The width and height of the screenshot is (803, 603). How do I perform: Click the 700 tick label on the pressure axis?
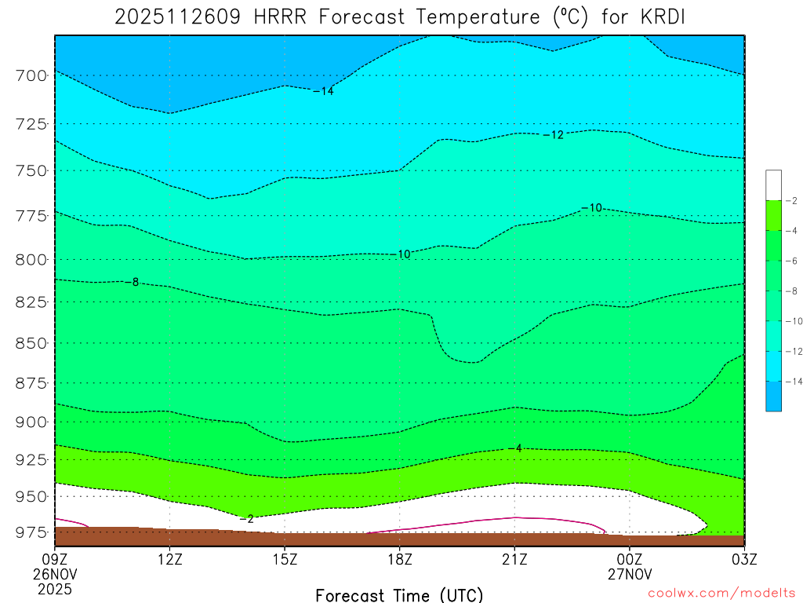pos(31,76)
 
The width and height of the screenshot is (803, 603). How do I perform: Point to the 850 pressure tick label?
pos(31,344)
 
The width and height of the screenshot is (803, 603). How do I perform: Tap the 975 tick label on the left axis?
pos(31,533)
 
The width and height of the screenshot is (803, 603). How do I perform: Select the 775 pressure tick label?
pos(31,216)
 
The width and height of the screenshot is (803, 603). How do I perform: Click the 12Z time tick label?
pos(170,559)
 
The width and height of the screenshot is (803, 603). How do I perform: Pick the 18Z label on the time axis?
pos(400,559)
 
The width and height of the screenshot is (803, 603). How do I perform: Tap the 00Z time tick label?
pos(630,559)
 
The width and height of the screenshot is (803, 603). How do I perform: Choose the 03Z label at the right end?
pos(744,559)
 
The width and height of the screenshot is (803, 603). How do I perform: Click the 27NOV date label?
pos(630,574)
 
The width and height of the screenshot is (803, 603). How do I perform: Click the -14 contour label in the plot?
pos(323,92)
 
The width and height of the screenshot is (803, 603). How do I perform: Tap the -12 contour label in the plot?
pos(553,135)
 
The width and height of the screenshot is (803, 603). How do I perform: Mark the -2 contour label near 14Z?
pos(246,519)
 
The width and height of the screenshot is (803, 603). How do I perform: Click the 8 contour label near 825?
pos(135,282)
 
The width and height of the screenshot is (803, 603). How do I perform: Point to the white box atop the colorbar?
pos(773,185)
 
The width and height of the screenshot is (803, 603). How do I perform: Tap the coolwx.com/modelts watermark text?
pos(721,593)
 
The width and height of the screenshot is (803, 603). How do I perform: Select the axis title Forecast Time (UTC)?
pos(399,594)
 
